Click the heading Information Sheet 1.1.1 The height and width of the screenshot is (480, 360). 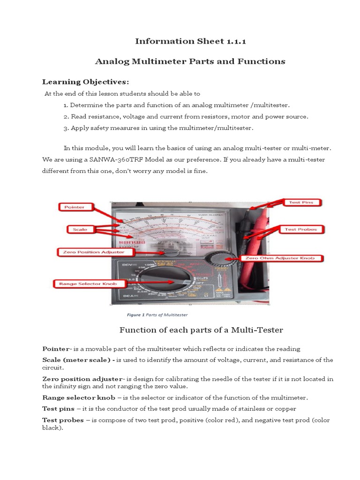pyautogui.click(x=190, y=41)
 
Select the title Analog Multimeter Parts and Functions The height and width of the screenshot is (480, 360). pyautogui.click(x=190, y=61)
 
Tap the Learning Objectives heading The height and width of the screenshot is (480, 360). pyautogui.click(x=85, y=82)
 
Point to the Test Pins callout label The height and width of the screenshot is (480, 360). pyautogui.click(x=304, y=202)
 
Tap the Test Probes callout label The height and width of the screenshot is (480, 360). pyautogui.click(x=301, y=229)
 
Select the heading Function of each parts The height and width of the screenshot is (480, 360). pyautogui.click(x=201, y=330)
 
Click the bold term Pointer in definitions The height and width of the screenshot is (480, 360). pyautogui.click(x=55, y=349)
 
